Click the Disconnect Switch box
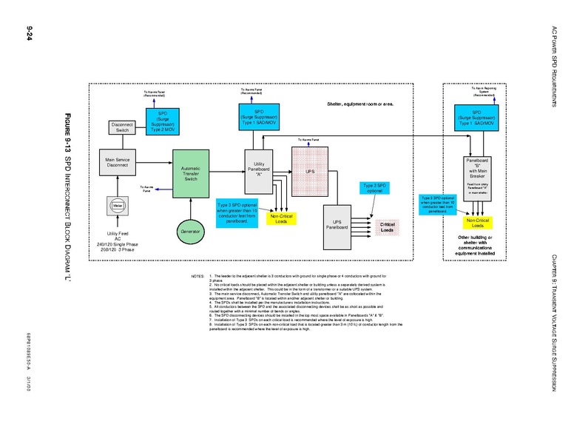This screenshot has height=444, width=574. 122,127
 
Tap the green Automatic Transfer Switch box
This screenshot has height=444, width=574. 190,173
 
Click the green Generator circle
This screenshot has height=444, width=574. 190,232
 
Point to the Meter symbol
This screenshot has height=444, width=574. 118,205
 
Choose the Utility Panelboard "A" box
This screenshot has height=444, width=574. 259,169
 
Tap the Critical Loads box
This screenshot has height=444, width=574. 387,227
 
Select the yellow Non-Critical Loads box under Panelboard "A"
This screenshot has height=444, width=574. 281,219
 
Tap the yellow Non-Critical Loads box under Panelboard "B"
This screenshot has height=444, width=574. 477,223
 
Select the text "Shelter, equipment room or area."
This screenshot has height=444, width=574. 360,104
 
